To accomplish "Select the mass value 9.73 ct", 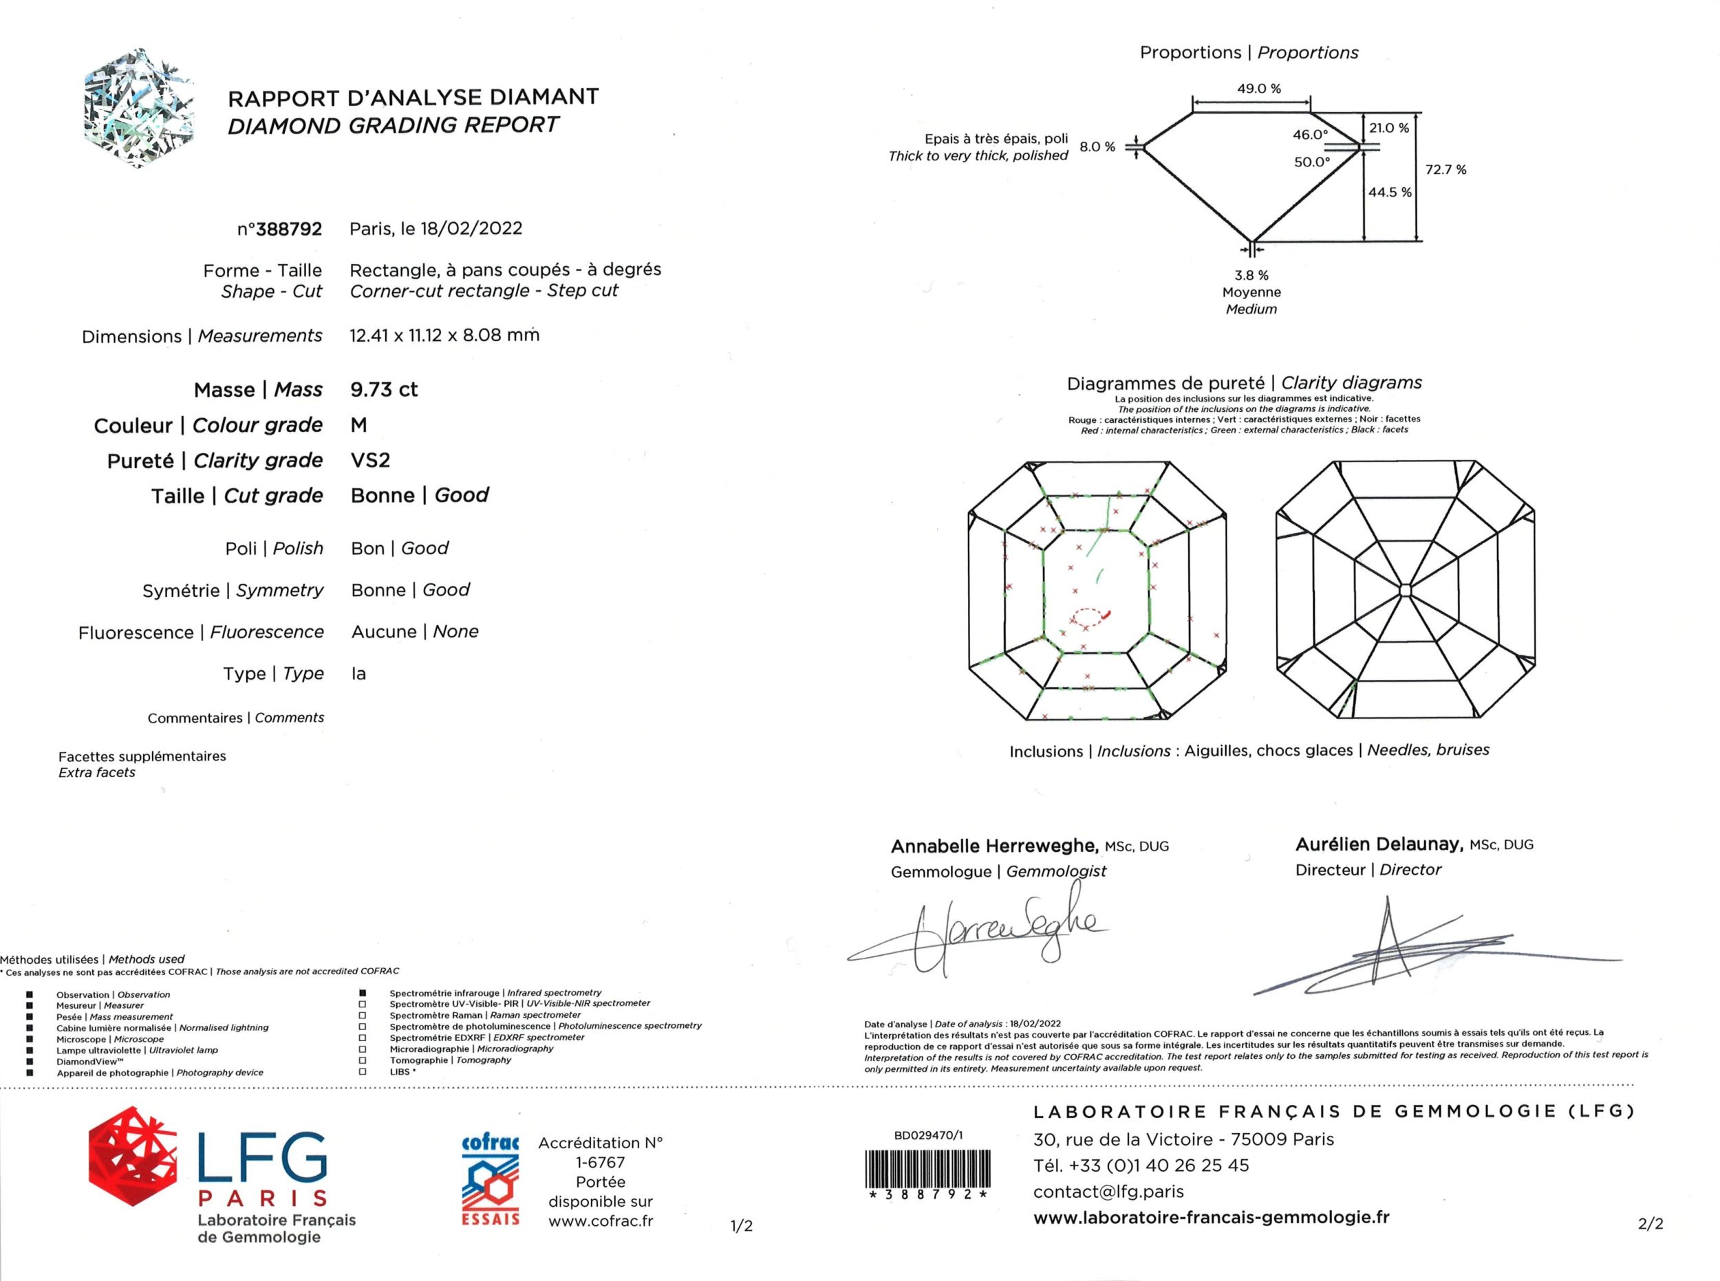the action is tap(384, 389).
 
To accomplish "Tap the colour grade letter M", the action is tap(359, 425).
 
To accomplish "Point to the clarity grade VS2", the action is tap(370, 460).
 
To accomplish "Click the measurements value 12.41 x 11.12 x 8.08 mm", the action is tap(444, 335).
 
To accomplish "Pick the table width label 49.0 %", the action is tap(1258, 89).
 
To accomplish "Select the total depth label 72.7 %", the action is tap(1446, 170).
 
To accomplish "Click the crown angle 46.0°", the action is tap(1311, 135).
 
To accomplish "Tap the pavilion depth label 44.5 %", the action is tap(1390, 192).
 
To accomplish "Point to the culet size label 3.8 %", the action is tap(1251, 275).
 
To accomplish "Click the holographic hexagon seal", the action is tap(138, 109).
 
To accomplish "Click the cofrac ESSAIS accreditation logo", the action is tap(491, 1179).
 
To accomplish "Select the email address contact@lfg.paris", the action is tap(1108, 1191).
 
